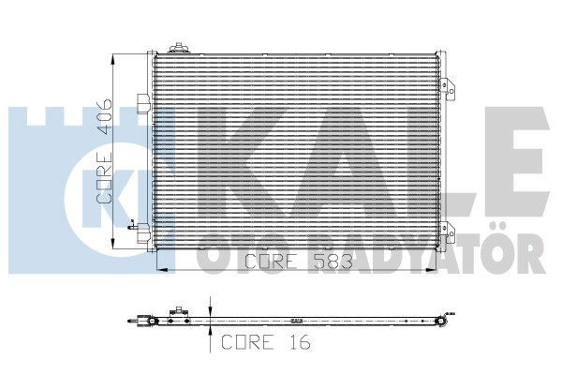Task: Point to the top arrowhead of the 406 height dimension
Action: pyautogui.click(x=114, y=58)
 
